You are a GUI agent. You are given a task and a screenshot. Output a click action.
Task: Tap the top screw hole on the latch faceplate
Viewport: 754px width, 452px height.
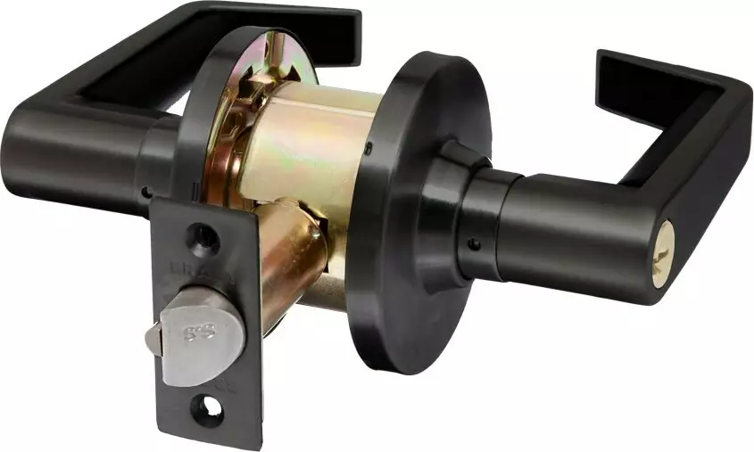point(204,236)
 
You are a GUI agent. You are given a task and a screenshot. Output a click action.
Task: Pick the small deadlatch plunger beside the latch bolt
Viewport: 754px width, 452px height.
point(153,340)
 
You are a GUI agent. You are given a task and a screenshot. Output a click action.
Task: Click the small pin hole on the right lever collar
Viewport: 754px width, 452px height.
point(473,244)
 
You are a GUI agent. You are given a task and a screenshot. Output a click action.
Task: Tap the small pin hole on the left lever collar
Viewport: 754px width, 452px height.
point(146,192)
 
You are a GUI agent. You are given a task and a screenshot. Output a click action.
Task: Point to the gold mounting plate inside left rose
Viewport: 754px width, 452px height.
point(232,134)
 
